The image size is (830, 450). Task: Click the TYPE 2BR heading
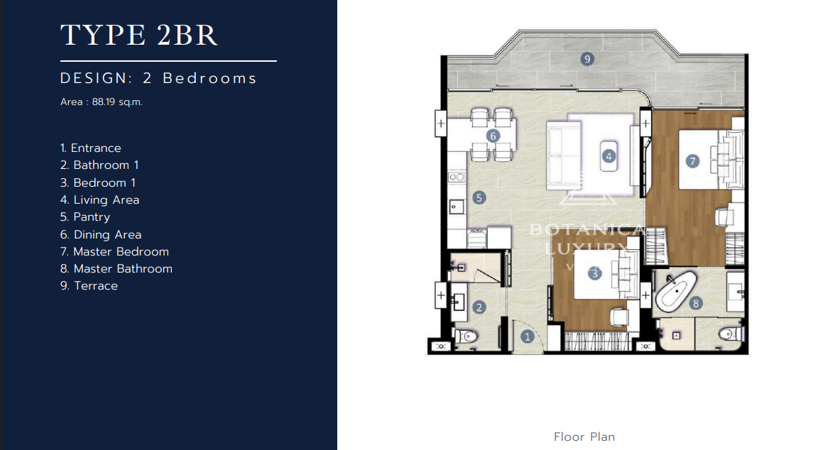tap(138, 35)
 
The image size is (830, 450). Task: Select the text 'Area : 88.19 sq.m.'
tap(102, 102)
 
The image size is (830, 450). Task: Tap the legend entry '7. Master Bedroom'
tap(114, 251)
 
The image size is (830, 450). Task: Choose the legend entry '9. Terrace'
tap(89, 285)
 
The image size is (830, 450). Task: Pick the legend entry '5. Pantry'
tap(85, 217)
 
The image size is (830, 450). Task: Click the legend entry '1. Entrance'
tap(91, 148)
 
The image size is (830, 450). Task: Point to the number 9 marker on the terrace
tap(586, 59)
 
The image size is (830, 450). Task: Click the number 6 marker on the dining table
tap(493, 136)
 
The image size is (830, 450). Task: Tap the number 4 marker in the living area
tap(608, 155)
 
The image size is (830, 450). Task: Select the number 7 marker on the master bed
tap(693, 161)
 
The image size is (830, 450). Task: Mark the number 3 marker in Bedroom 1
tap(595, 273)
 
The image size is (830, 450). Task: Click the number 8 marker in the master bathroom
tap(696, 303)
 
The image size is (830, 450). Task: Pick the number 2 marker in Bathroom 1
tap(479, 307)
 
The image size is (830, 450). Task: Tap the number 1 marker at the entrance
tap(527, 337)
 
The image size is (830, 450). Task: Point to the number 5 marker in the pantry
tap(479, 197)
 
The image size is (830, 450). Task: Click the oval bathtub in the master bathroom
tap(674, 293)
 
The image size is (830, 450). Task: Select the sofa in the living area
tap(563, 155)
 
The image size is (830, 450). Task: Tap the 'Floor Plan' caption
tap(584, 437)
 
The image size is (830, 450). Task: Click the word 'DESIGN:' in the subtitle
tap(97, 78)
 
